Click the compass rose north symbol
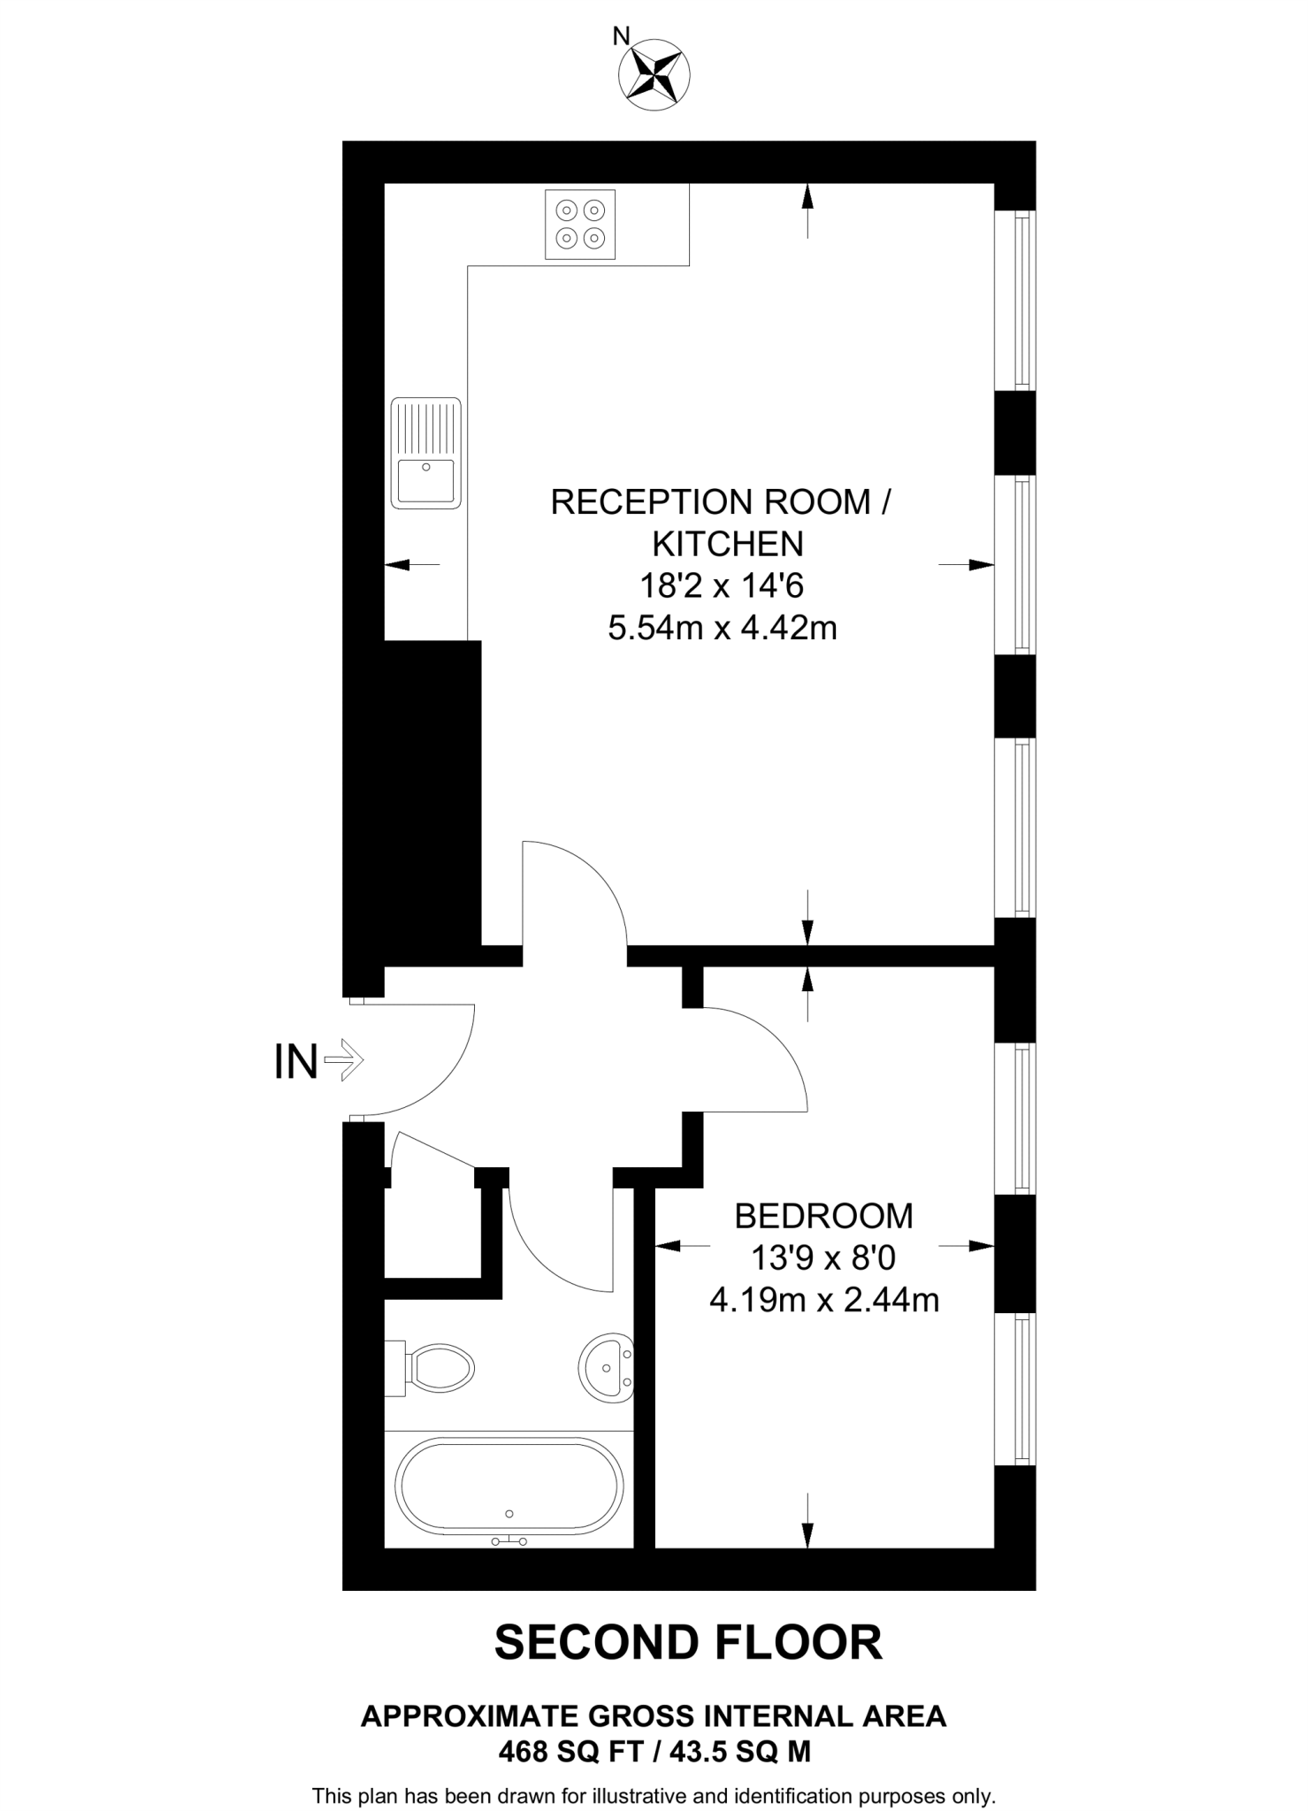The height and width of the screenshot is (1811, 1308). point(654,75)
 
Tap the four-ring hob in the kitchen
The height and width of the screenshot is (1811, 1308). point(580,225)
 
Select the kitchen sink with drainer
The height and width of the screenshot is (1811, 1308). point(425,453)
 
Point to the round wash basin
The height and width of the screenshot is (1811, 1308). point(607,1367)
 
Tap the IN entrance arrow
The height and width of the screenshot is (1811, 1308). point(343,1059)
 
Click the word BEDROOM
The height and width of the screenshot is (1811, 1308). point(823,1216)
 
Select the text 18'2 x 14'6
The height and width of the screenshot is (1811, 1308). point(722,585)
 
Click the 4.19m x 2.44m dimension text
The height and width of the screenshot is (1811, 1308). point(823,1300)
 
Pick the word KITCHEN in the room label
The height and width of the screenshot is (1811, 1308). point(728,544)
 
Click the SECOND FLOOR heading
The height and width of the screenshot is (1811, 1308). point(688,1642)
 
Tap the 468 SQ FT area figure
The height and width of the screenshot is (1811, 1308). point(569,1751)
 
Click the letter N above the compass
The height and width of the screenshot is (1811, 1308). point(622,35)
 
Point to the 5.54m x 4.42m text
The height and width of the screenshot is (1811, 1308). point(722,628)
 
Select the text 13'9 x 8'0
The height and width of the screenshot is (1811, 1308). point(823,1258)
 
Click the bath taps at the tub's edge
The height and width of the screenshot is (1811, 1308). point(509,1541)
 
